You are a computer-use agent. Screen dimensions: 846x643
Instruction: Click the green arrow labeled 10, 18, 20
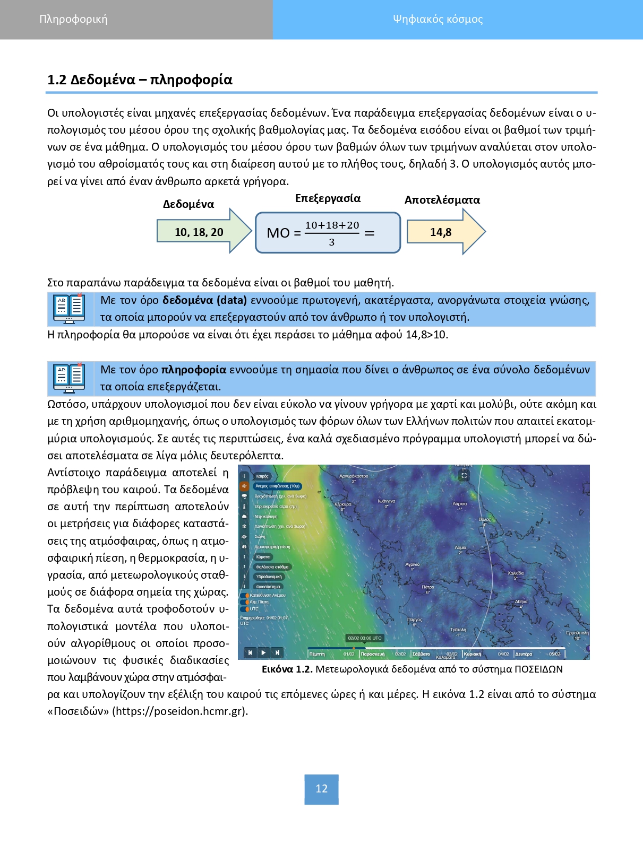coord(200,232)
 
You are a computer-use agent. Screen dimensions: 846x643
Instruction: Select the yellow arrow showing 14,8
coord(441,232)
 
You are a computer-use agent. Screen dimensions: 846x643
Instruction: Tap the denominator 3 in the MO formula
coord(332,242)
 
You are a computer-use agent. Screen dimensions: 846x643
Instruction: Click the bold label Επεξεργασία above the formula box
coord(328,198)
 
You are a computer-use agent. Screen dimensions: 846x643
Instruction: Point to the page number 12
coord(321,789)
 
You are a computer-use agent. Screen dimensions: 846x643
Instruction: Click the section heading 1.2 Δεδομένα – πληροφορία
coord(140,80)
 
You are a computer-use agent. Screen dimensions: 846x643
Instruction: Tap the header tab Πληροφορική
coord(73,19)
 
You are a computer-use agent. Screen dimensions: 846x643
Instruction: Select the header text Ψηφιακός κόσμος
coord(438,19)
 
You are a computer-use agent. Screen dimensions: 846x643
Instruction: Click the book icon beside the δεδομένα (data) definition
coord(69,309)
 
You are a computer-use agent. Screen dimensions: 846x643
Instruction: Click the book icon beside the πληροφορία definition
coord(69,378)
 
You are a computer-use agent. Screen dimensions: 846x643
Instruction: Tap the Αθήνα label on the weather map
coord(521,601)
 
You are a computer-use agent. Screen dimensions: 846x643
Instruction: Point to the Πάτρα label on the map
coord(428,587)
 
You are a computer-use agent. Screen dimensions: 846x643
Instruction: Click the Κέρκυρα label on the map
coord(343,504)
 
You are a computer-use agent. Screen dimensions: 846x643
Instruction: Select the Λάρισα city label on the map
coord(460,503)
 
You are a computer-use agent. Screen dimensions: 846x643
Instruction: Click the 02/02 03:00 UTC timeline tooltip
coord(365,638)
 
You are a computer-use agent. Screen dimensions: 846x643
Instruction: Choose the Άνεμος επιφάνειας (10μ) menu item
coord(278,486)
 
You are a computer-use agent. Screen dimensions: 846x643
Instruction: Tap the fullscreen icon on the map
coord(464,475)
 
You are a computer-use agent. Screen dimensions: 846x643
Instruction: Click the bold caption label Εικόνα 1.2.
coord(287,669)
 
